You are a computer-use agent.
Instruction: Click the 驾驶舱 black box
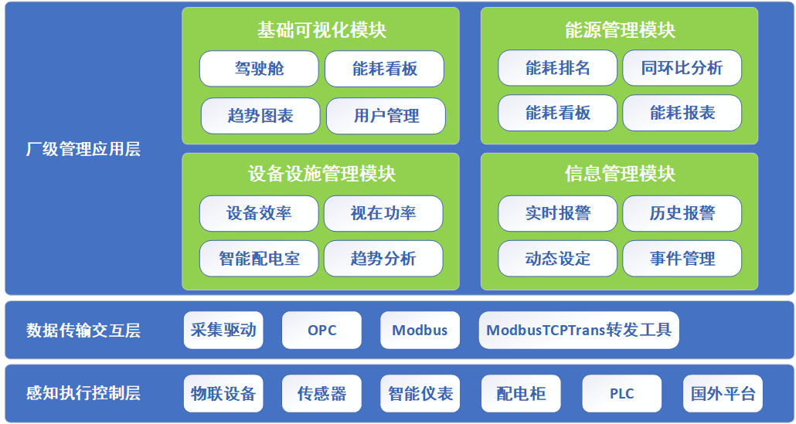(x=259, y=69)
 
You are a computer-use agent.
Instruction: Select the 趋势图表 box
(x=260, y=116)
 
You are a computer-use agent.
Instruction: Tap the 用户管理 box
(x=386, y=116)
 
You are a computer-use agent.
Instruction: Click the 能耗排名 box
(x=557, y=68)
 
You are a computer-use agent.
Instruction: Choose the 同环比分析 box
(x=682, y=68)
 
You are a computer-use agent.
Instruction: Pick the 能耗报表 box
(x=682, y=113)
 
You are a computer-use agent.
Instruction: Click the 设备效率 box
(x=259, y=213)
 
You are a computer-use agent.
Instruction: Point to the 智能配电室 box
(x=259, y=259)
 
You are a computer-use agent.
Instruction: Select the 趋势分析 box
(x=383, y=259)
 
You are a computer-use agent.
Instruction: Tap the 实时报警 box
(x=557, y=213)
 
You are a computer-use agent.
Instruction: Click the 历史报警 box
(x=682, y=213)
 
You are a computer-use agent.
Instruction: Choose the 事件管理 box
(x=682, y=259)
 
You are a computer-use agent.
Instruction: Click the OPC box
(x=321, y=331)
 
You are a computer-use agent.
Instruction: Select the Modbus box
(x=420, y=331)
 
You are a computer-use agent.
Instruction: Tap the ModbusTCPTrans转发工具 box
(x=579, y=331)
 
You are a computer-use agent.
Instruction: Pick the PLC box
(x=621, y=394)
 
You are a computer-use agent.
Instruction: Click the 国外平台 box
(x=723, y=394)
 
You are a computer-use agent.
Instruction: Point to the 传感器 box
(x=321, y=394)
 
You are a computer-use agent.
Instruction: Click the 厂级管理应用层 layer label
(x=83, y=149)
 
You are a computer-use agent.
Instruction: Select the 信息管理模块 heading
(x=620, y=174)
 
